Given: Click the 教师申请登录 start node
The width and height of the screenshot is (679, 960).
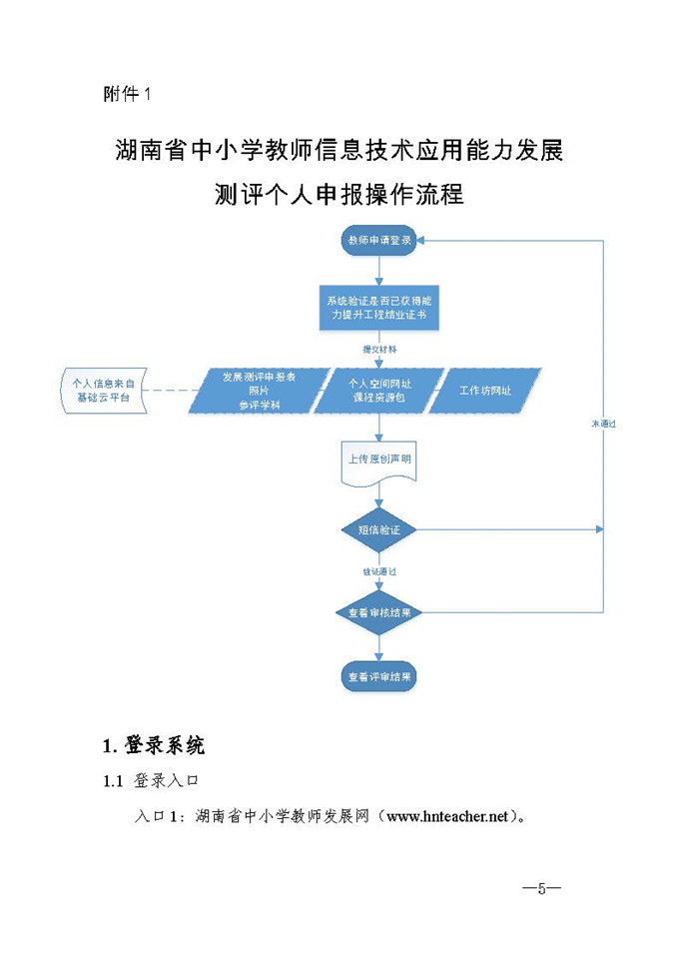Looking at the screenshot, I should [378, 241].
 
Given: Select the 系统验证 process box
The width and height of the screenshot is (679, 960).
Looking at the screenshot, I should [378, 307].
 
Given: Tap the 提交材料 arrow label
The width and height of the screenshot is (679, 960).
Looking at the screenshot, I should [379, 350].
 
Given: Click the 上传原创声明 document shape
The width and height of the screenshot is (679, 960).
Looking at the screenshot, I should [378, 461].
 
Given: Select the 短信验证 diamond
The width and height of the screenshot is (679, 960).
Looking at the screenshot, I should [378, 529].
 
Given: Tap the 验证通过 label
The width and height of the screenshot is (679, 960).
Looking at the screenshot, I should [379, 571].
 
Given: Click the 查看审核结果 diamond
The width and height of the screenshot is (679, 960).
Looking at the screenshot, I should [378, 612].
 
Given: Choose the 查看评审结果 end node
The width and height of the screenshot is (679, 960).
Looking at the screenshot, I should [378, 676].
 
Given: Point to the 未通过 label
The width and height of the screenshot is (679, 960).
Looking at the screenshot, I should [603, 425].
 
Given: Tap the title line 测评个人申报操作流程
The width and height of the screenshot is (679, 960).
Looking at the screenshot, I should [339, 193].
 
